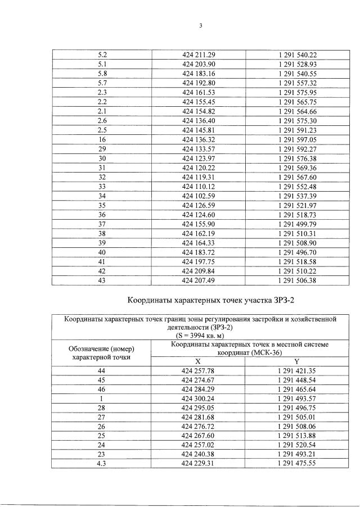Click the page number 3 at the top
200,25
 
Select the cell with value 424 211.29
199,55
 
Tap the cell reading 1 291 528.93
298,64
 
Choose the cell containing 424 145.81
199,130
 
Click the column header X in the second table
197,362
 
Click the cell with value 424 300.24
199,399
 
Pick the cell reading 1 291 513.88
298,436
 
